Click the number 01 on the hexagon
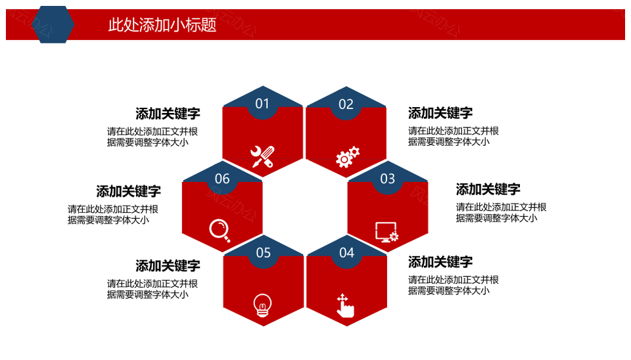(262, 104)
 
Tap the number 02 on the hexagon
(346, 104)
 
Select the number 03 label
(388, 179)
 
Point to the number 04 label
(346, 253)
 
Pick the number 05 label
(263, 253)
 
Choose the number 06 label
(222, 179)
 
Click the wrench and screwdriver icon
(262, 156)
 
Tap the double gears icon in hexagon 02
(347, 157)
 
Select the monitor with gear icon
(386, 232)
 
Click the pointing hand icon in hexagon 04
(344, 306)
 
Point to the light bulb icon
(262, 305)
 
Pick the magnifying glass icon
(220, 229)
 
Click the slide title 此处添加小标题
(162, 25)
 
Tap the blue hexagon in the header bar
(53, 25)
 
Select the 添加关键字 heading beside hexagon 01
(168, 114)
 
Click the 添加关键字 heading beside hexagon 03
(488, 189)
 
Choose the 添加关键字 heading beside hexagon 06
(128, 191)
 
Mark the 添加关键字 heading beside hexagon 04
(440, 262)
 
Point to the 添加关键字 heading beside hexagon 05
(168, 266)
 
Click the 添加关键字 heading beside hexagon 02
(440, 113)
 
